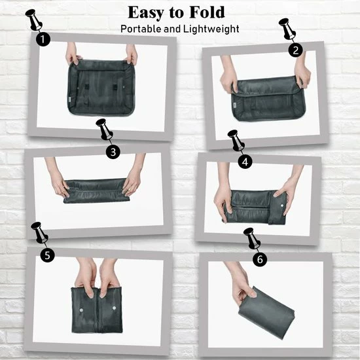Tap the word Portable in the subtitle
click(x=143, y=29)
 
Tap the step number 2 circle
click(x=297, y=50)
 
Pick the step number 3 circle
click(x=114, y=151)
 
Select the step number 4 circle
click(x=244, y=161)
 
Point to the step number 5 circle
click(x=47, y=255)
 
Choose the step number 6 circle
click(x=261, y=260)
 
